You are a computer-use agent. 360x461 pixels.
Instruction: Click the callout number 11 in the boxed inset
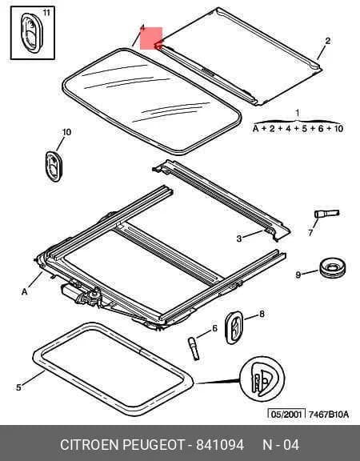pyautogui.click(x=46, y=13)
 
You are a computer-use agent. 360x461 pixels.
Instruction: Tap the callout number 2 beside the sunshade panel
pyautogui.click(x=327, y=41)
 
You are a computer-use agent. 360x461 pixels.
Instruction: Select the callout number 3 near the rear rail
pyautogui.click(x=239, y=239)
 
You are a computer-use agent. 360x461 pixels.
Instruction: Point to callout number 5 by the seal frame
pyautogui.click(x=18, y=387)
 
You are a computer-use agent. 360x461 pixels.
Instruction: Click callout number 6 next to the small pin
pyautogui.click(x=214, y=328)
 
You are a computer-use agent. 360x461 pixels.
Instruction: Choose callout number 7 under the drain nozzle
pyautogui.click(x=310, y=233)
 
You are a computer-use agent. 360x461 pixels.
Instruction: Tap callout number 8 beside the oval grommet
pyautogui.click(x=262, y=315)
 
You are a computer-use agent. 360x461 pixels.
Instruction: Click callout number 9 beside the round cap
pyautogui.click(x=298, y=275)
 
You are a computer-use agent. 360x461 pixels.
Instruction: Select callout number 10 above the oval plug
pyautogui.click(x=66, y=132)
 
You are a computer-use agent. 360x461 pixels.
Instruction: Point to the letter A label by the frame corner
pyautogui.click(x=24, y=291)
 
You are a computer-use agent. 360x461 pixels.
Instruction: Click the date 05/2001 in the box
pyautogui.click(x=286, y=415)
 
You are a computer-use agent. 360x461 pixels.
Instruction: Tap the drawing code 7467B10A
pyautogui.click(x=329, y=415)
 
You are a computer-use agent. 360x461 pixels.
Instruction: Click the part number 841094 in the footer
pyautogui.click(x=220, y=444)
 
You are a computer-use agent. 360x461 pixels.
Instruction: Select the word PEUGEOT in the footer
pyautogui.click(x=153, y=444)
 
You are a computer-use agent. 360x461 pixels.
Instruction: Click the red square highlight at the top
pyautogui.click(x=151, y=38)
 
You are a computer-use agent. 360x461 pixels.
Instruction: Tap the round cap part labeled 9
pyautogui.click(x=332, y=268)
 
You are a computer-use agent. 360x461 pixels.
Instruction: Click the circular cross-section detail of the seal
pyautogui.click(x=262, y=379)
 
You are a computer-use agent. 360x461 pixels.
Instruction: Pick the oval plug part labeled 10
pyautogui.click(x=54, y=166)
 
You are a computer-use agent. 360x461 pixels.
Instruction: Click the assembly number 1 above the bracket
pyautogui.click(x=298, y=113)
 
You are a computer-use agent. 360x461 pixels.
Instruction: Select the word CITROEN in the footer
pyautogui.click(x=90, y=444)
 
